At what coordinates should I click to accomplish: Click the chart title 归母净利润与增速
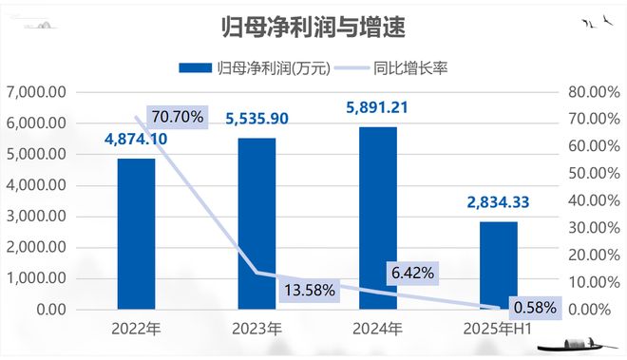313,28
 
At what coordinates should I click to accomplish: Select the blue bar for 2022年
137,234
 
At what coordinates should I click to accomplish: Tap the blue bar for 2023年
256,224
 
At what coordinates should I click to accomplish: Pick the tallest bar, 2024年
377,218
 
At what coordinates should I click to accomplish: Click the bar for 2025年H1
498,265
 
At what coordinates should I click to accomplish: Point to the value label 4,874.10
136,141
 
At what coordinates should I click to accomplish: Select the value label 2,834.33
498,202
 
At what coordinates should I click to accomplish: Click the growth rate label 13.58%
308,290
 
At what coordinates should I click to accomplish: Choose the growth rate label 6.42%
412,273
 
